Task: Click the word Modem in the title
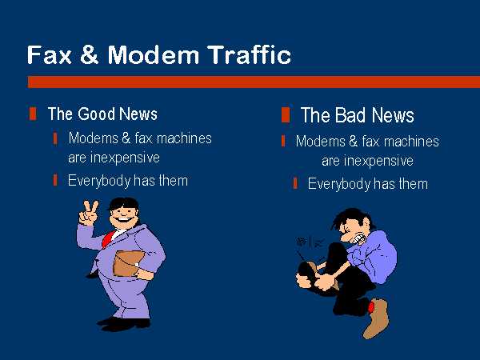[x=154, y=54]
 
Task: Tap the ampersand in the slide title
[x=90, y=54]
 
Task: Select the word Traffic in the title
[x=249, y=54]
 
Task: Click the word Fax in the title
[x=50, y=54]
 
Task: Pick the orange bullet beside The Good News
[x=33, y=114]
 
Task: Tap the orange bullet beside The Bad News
[x=286, y=114]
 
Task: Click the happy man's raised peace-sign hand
[x=89, y=214]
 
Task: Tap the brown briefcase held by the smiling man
[x=128, y=263]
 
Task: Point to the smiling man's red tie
[x=108, y=239]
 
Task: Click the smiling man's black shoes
[x=123, y=324]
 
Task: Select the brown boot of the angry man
[x=377, y=318]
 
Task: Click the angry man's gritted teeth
[x=359, y=238]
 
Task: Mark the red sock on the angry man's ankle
[x=370, y=306]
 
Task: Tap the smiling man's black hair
[x=124, y=203]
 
